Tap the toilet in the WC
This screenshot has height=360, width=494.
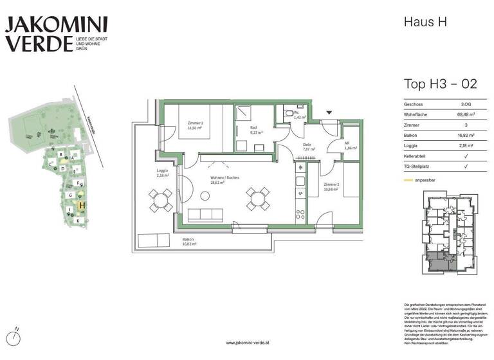(x=288, y=114)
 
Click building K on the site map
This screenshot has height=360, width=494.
(x=78, y=221)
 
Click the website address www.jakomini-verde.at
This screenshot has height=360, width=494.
(x=247, y=343)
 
